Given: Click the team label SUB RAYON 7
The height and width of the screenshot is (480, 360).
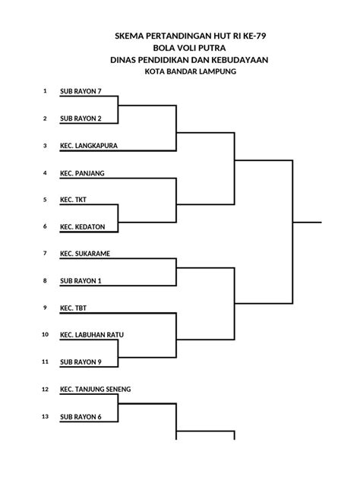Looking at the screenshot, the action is [x=81, y=91].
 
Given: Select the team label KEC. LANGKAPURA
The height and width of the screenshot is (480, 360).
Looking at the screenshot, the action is [x=89, y=146].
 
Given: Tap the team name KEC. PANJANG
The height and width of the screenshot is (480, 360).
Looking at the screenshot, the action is [x=82, y=173].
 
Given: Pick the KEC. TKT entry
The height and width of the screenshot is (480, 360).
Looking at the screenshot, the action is [x=73, y=200].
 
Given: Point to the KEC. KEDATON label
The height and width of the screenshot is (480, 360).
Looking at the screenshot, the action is [x=82, y=227].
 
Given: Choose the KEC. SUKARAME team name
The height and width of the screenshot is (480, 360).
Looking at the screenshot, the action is [x=85, y=254].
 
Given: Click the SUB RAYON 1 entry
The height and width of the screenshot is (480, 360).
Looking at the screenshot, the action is [x=81, y=281].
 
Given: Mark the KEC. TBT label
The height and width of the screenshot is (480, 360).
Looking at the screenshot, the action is [x=73, y=308].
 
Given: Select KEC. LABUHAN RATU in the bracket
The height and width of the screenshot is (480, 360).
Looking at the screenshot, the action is [x=92, y=335].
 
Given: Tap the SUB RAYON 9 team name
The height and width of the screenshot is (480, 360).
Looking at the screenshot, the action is [x=81, y=362].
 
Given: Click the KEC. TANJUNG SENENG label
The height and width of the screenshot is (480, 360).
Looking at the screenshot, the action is [x=95, y=390].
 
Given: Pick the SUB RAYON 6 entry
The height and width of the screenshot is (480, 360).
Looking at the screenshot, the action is [x=81, y=417].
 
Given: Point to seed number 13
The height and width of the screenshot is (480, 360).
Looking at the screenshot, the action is [x=45, y=416].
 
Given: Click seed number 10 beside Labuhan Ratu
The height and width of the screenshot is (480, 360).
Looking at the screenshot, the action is [x=45, y=335].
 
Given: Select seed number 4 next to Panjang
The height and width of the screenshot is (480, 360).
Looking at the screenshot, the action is [x=45, y=173].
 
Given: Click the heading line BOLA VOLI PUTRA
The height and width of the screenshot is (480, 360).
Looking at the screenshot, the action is [x=189, y=48].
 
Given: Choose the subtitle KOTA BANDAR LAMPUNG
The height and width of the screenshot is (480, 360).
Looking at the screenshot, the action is [x=191, y=71].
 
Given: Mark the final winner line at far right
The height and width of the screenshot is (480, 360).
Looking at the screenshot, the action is [x=307, y=223].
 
